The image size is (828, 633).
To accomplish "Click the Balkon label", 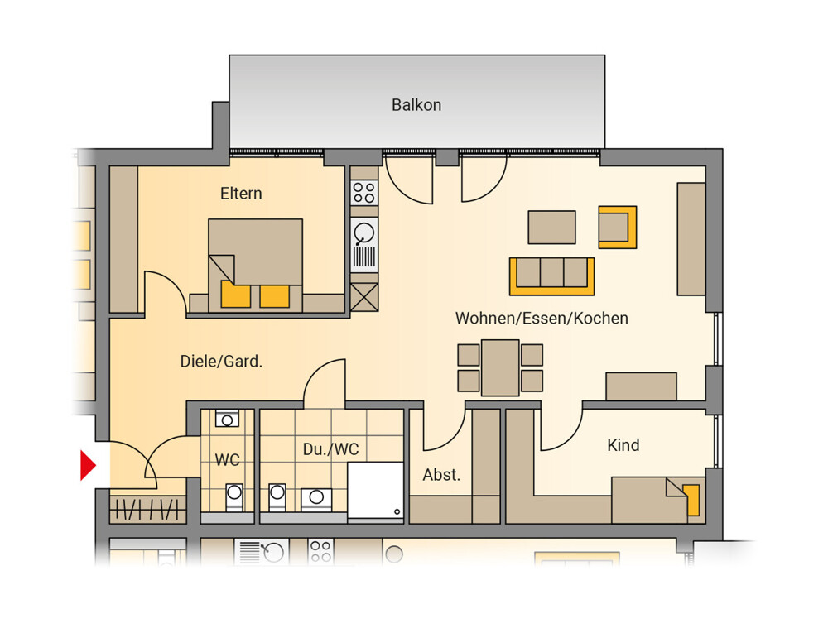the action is pyautogui.click(x=416, y=105).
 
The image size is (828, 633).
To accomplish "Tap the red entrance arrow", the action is pyautogui.click(x=89, y=465).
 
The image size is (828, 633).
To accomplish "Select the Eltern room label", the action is pyautogui.click(x=241, y=194).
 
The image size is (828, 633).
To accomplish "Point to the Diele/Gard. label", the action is pyautogui.click(x=221, y=362).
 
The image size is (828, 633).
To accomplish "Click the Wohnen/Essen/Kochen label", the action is pyautogui.click(x=542, y=318).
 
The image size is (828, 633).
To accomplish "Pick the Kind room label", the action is pyautogui.click(x=623, y=445).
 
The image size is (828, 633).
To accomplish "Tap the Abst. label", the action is pyautogui.click(x=441, y=475).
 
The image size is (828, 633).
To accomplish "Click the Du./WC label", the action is pyautogui.click(x=331, y=449).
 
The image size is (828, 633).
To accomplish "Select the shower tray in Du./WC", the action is pyautogui.click(x=375, y=492).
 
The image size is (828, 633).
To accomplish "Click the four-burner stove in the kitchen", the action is pyautogui.click(x=364, y=193).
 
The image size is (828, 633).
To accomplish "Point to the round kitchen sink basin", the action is pyautogui.click(x=364, y=233).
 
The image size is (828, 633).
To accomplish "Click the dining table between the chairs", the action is pyautogui.click(x=500, y=368).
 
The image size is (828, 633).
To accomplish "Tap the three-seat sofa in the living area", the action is pyautogui.click(x=551, y=276).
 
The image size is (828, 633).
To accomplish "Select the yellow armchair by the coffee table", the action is pyautogui.click(x=618, y=228).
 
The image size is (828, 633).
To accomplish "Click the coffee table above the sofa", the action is pyautogui.click(x=551, y=228).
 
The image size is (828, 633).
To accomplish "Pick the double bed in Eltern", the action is pyautogui.click(x=256, y=266).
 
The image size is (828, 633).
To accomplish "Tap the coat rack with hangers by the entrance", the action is pyautogui.click(x=148, y=510).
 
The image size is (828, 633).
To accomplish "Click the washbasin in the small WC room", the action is pyautogui.click(x=227, y=419).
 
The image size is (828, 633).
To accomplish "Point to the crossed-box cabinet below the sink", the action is pyautogui.click(x=364, y=297).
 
